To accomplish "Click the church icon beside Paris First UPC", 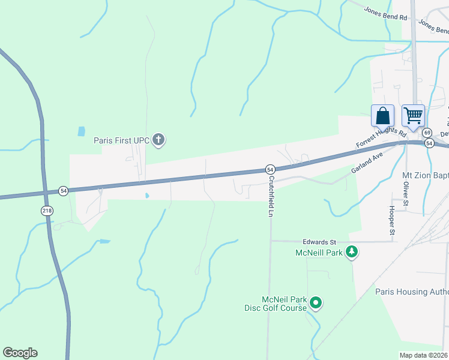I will [x=159, y=140].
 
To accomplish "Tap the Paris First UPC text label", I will [x=121, y=141].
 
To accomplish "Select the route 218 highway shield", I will [x=47, y=211].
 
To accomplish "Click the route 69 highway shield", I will [x=427, y=133].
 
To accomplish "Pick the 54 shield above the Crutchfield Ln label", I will [x=270, y=169].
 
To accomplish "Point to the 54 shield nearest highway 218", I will [x=63, y=191].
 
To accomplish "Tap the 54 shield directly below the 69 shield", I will [x=429, y=143].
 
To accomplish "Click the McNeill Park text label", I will [x=318, y=253].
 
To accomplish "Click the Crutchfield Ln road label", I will [x=271, y=196].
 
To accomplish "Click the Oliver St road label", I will [x=405, y=193].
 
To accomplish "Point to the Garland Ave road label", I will [x=367, y=163].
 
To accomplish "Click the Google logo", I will [x=20, y=353].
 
